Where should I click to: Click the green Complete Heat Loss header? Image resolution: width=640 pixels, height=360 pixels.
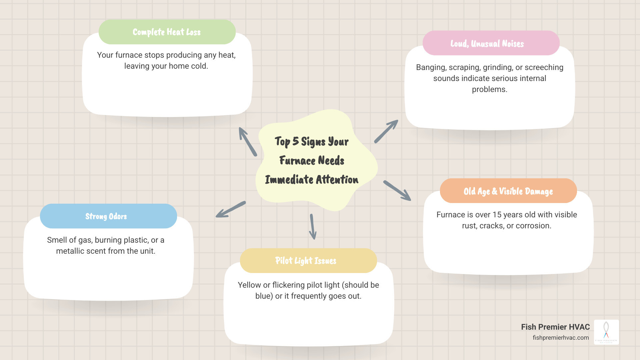point(167,32)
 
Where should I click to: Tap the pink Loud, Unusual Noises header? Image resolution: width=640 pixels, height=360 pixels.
point(491,43)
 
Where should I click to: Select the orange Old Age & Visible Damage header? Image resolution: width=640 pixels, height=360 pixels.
point(508,191)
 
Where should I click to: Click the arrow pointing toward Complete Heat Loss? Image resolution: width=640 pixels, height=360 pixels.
point(247,141)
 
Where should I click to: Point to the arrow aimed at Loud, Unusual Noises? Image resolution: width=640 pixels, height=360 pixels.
point(386,131)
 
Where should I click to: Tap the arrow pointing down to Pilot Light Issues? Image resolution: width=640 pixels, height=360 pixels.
point(313,227)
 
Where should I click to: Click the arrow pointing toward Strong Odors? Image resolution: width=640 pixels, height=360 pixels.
point(230,209)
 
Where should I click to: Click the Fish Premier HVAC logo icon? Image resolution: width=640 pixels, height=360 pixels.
point(606,332)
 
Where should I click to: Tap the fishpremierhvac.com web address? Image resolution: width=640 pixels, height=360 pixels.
point(561,338)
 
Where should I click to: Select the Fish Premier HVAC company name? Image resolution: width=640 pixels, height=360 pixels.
point(555,327)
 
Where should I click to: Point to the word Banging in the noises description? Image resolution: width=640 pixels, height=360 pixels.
point(431,67)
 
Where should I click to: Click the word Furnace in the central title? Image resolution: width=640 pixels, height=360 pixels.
point(297,161)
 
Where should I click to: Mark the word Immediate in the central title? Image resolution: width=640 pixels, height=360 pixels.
point(289,180)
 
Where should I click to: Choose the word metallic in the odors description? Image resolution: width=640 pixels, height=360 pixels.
point(70,251)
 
